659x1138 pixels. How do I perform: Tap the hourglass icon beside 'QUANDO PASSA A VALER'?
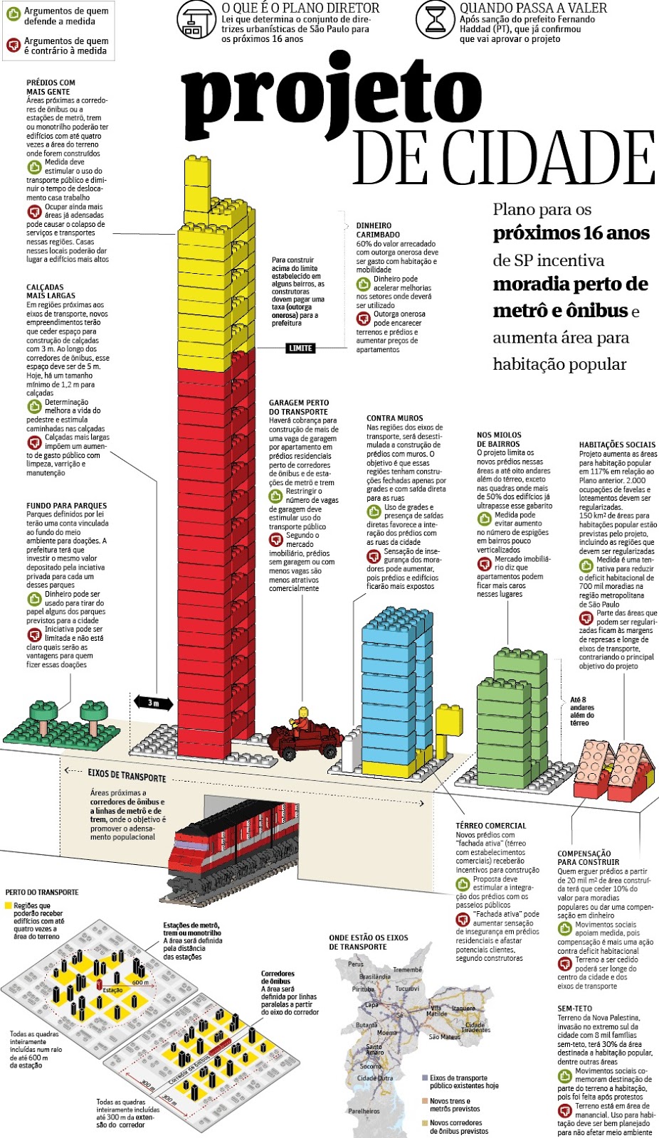coord(435,20)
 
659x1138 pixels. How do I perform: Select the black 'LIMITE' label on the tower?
coord(300,348)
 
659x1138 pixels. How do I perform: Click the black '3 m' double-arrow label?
coord(153,703)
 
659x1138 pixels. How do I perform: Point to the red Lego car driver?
coord(303,719)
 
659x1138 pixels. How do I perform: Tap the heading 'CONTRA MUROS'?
coord(394,418)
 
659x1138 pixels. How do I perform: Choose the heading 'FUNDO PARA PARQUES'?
coord(66,506)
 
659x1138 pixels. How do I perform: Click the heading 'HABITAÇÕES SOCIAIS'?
coord(617,445)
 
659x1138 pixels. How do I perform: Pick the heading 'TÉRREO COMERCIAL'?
coord(490,826)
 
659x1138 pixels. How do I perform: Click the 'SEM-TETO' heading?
coord(574,1009)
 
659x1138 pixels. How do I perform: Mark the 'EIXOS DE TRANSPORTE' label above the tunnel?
coord(127,775)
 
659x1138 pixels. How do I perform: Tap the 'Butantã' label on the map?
coord(367,1025)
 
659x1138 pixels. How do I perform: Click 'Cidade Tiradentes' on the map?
coord(477,1028)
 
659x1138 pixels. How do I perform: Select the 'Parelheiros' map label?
coord(364,1110)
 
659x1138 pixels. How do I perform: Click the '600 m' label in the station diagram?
coord(140,982)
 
